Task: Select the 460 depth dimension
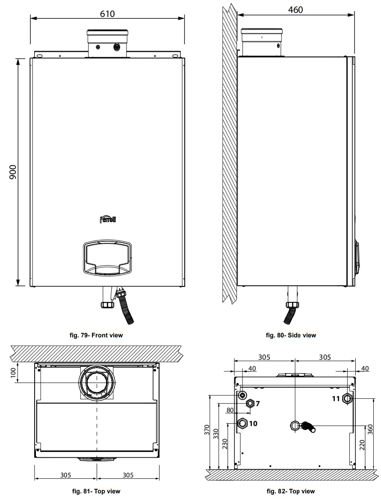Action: pyautogui.click(x=295, y=9)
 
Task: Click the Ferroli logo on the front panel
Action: pyautogui.click(x=108, y=220)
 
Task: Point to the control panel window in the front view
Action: pyautogui.click(x=108, y=257)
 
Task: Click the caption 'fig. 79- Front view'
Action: pyautogui.click(x=96, y=335)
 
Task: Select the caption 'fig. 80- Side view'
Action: pyautogui.click(x=291, y=335)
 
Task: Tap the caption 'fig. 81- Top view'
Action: pyautogui.click(x=96, y=491)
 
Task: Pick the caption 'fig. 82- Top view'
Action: pyautogui.click(x=291, y=491)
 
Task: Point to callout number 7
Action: pyautogui.click(x=258, y=403)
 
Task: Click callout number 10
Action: pyautogui.click(x=253, y=424)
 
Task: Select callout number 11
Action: pyautogui.click(x=336, y=398)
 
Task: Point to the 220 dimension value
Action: pyautogui.click(x=362, y=447)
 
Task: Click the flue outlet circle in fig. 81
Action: pyautogui.click(x=97, y=382)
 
